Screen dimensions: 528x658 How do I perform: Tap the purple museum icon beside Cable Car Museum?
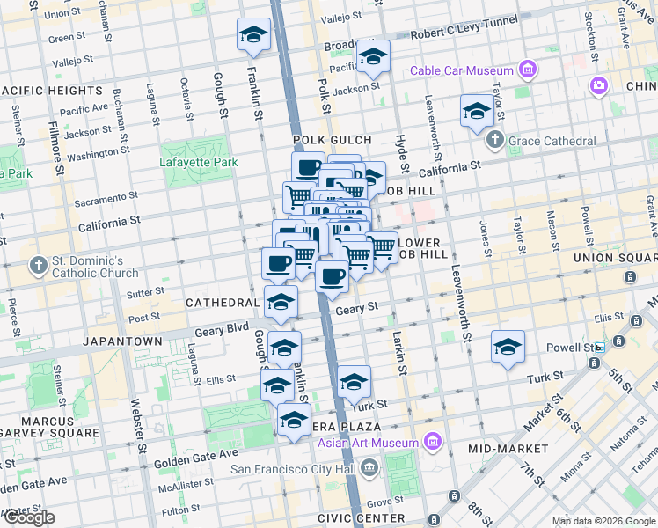(528, 69)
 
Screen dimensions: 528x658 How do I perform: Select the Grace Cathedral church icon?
(495, 140)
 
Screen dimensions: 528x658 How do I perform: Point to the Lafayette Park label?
(199, 162)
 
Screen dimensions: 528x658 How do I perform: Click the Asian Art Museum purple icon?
(432, 441)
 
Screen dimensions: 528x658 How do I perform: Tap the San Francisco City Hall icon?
(369, 468)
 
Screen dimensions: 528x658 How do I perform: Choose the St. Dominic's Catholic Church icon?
(38, 265)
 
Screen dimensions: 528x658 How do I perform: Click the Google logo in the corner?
(29, 517)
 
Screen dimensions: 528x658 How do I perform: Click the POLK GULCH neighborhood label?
(333, 140)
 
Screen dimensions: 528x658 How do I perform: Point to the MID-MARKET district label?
(508, 449)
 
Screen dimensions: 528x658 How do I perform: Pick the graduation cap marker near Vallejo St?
(254, 35)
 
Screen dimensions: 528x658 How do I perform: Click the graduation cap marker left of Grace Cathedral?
(477, 111)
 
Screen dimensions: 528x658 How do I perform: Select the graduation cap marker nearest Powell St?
(508, 347)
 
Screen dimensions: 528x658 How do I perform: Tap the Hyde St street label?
(405, 159)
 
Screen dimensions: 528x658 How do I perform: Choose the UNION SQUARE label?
(616, 258)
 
